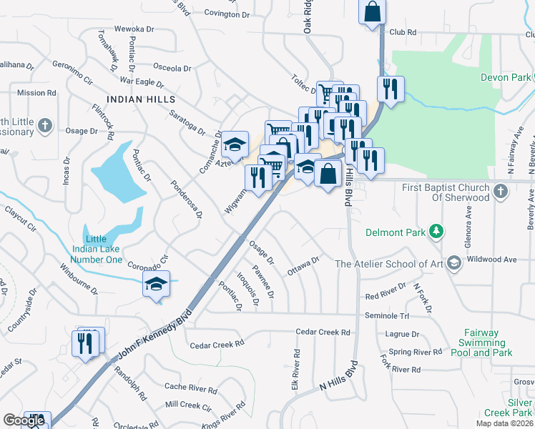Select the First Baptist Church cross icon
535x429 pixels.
(501, 190)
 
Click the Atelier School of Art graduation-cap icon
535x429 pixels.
(453, 263)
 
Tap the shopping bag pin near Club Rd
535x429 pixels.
(372, 11)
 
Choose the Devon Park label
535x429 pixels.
(505, 77)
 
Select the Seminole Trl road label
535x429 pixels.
(386, 315)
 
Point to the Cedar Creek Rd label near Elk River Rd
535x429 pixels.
(323, 332)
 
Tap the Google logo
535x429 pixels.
(24, 421)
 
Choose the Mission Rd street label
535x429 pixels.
(36, 93)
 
